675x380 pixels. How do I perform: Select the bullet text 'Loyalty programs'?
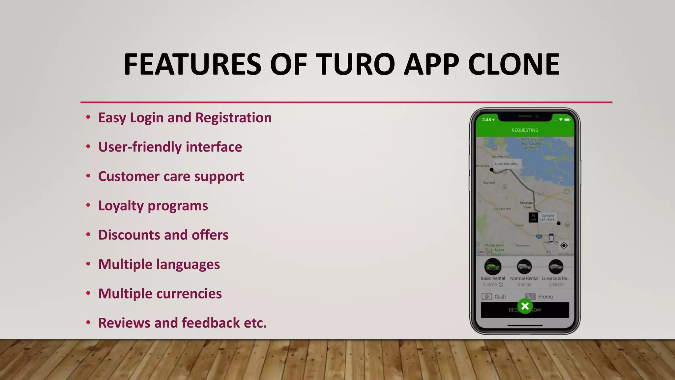click(x=153, y=206)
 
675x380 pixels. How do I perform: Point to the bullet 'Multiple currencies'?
click(x=160, y=294)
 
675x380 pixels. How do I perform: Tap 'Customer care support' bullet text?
click(x=171, y=176)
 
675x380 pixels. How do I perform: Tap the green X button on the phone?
click(x=525, y=306)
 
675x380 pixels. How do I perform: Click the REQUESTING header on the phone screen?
click(x=525, y=130)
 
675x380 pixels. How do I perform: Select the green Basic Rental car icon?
click(x=493, y=267)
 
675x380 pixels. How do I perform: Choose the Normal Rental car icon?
click(x=524, y=267)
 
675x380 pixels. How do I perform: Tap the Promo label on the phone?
click(x=545, y=297)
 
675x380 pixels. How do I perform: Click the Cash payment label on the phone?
click(x=500, y=297)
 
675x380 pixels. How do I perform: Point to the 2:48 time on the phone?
click(x=486, y=120)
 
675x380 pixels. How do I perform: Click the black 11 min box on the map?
click(x=533, y=217)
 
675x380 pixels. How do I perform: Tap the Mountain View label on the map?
click(x=527, y=205)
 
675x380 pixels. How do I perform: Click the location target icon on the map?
click(x=564, y=245)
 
